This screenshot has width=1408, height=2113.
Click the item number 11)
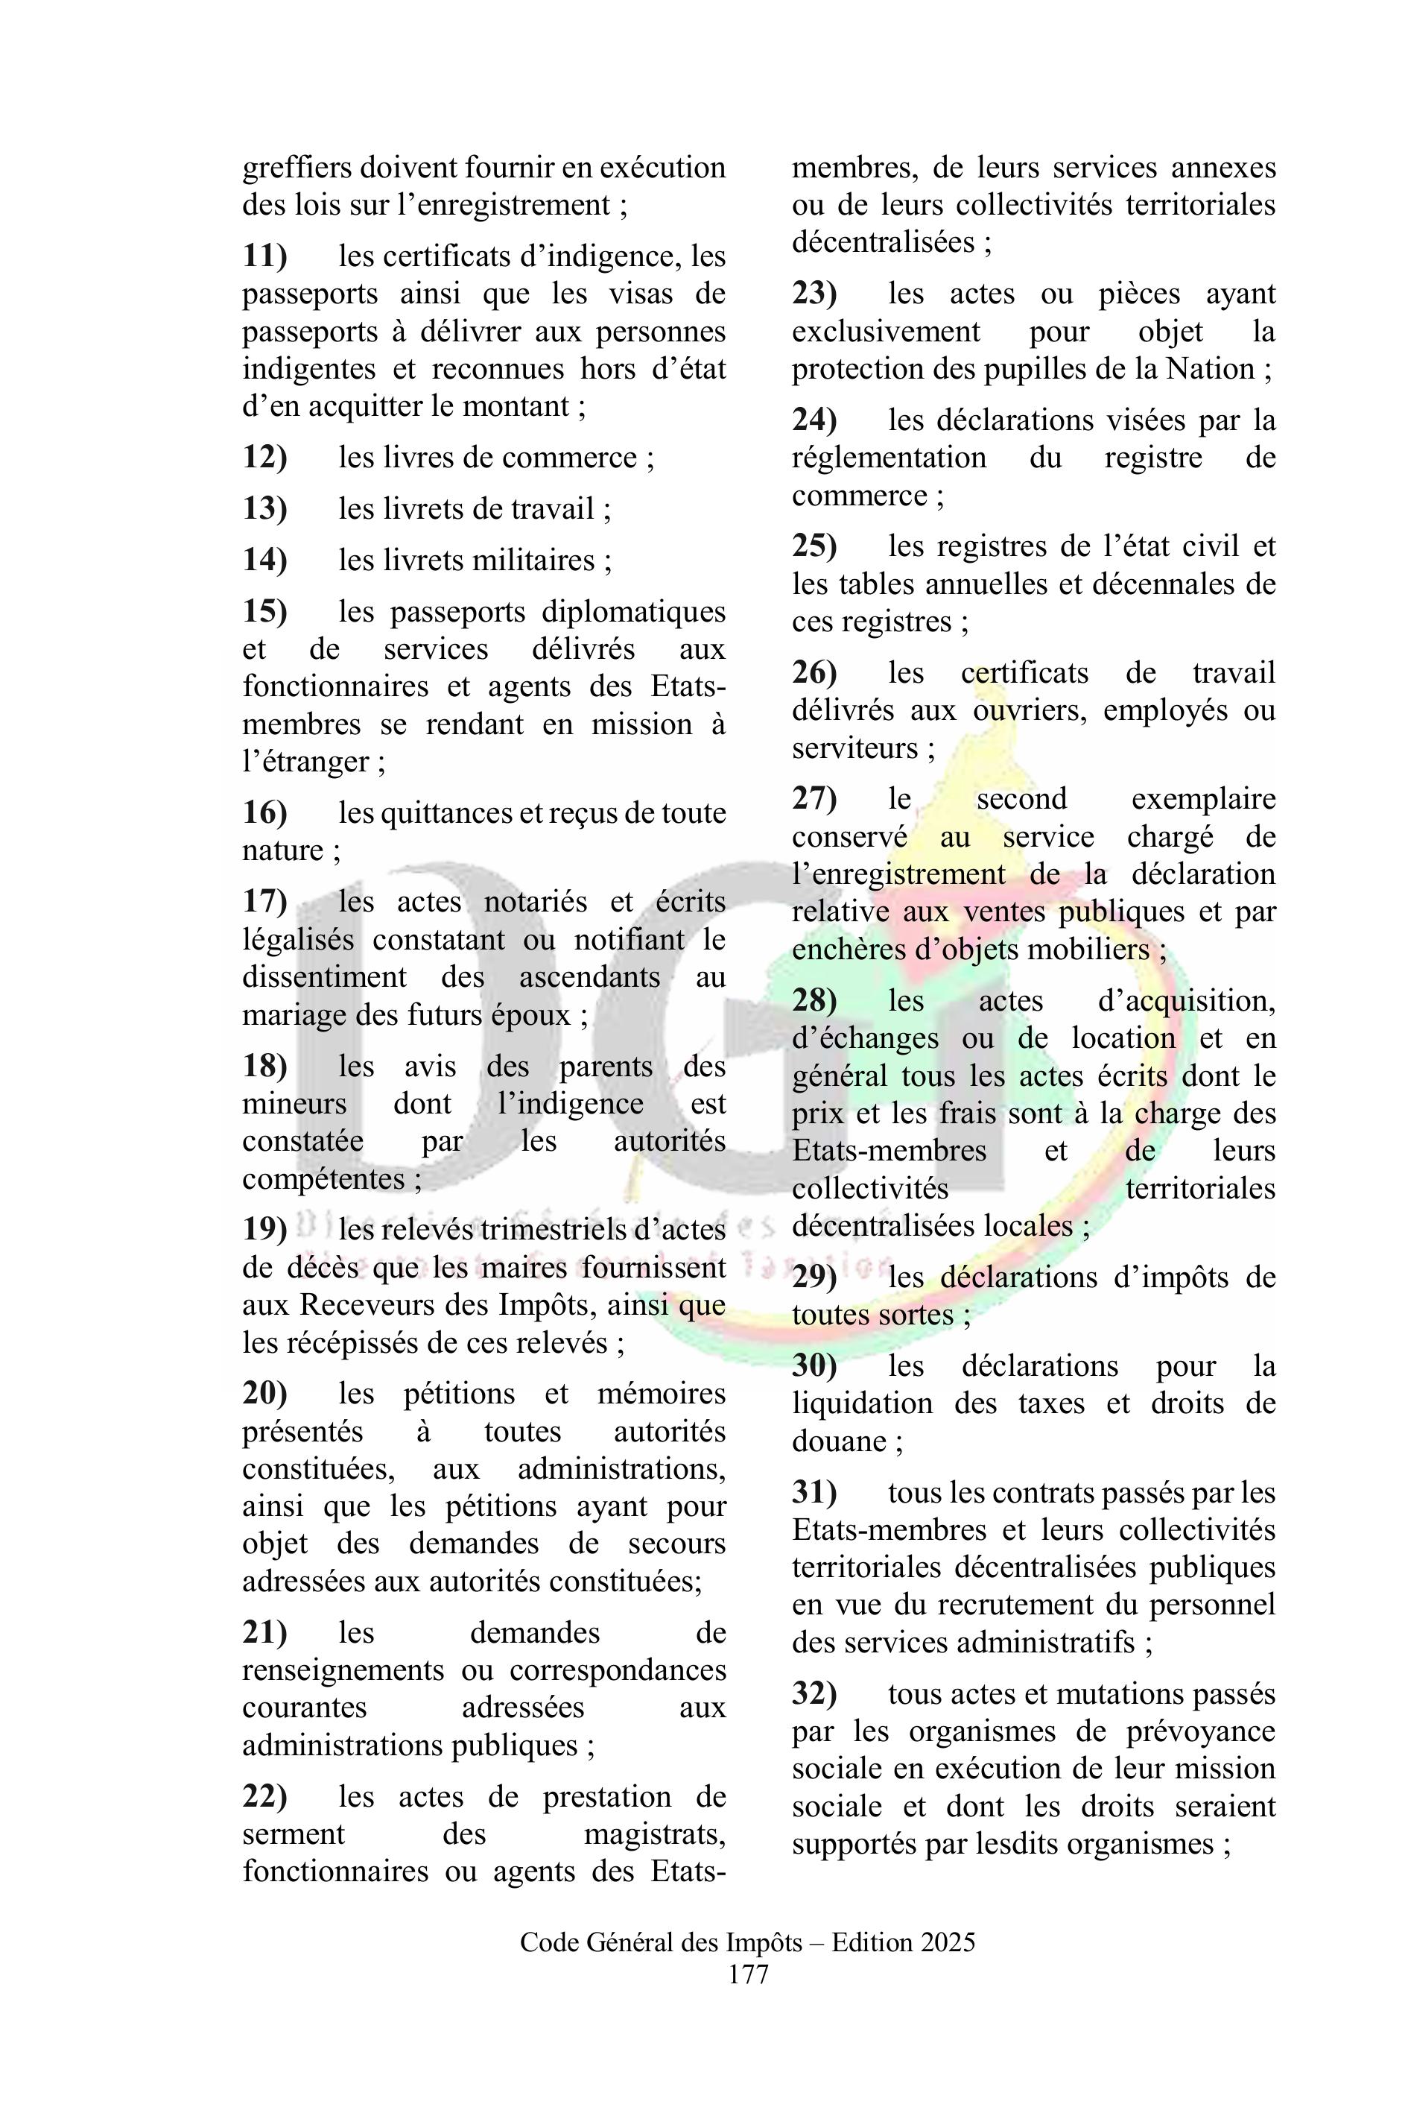pyautogui.click(x=265, y=256)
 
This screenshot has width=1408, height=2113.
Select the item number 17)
pyautogui.click(x=265, y=901)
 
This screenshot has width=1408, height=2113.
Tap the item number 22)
pyautogui.click(x=265, y=1796)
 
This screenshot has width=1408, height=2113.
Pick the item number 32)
pyautogui.click(x=814, y=1693)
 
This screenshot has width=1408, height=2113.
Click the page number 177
pyautogui.click(x=748, y=1974)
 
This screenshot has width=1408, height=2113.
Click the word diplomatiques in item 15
pyautogui.click(x=633, y=611)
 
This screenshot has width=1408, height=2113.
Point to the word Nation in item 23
pyautogui.click(x=1210, y=368)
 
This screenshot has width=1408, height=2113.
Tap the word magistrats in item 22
pyautogui.click(x=655, y=1834)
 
